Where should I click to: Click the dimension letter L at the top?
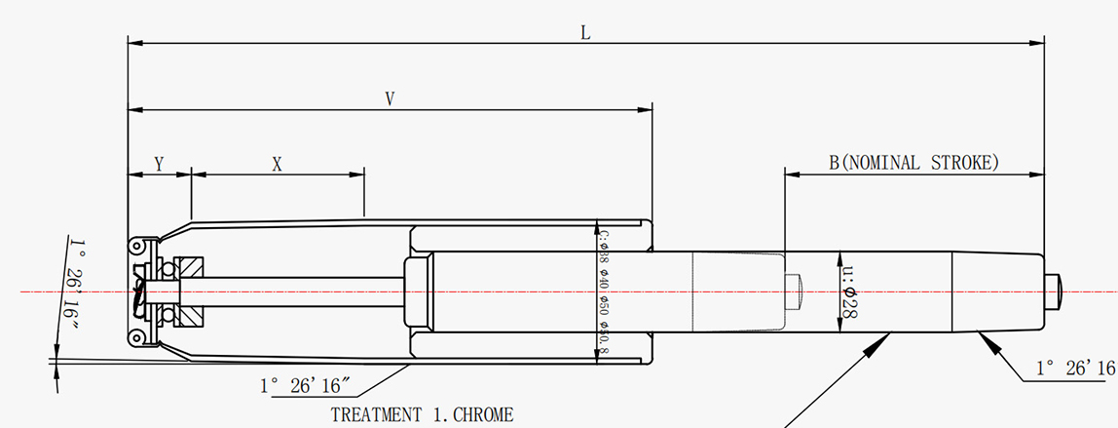(x=585, y=32)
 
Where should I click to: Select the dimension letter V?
(x=390, y=98)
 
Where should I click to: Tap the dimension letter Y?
(x=159, y=165)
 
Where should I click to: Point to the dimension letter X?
(x=277, y=165)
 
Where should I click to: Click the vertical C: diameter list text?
(x=604, y=292)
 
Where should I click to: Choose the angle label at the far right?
(x=1074, y=368)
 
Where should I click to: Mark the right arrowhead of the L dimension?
(x=1038, y=43)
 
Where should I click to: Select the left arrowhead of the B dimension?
(x=792, y=175)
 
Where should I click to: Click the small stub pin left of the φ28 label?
(x=792, y=291)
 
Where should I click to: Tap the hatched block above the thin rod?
(x=190, y=266)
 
